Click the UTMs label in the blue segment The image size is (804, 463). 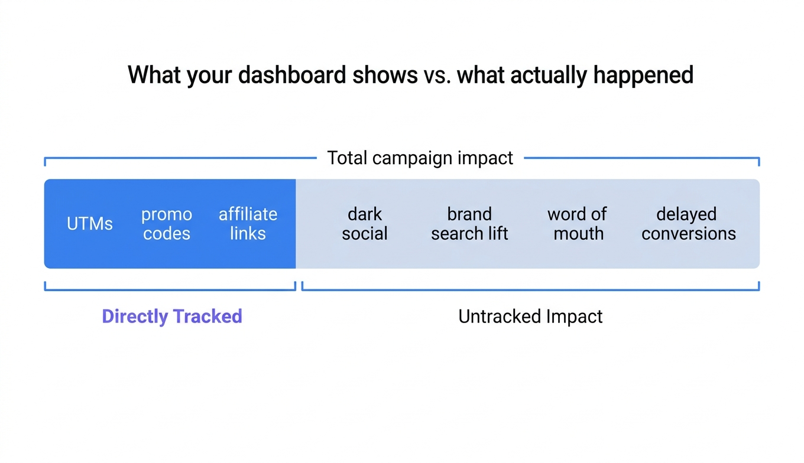tap(90, 224)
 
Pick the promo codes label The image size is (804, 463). tap(167, 224)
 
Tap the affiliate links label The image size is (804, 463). tap(248, 224)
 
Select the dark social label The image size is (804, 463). tap(365, 224)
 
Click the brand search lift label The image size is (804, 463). tap(469, 224)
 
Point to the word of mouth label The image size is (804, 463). tap(577, 224)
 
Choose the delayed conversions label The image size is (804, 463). tap(688, 224)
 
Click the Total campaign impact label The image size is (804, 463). tap(420, 158)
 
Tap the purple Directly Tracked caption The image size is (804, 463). tap(172, 317)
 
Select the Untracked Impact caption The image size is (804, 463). tap(530, 317)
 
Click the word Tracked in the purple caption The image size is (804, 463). tap(208, 317)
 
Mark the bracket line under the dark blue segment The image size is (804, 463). tap(170, 290)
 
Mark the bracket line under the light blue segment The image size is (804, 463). tap(530, 290)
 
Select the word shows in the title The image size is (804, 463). tap(390, 75)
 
